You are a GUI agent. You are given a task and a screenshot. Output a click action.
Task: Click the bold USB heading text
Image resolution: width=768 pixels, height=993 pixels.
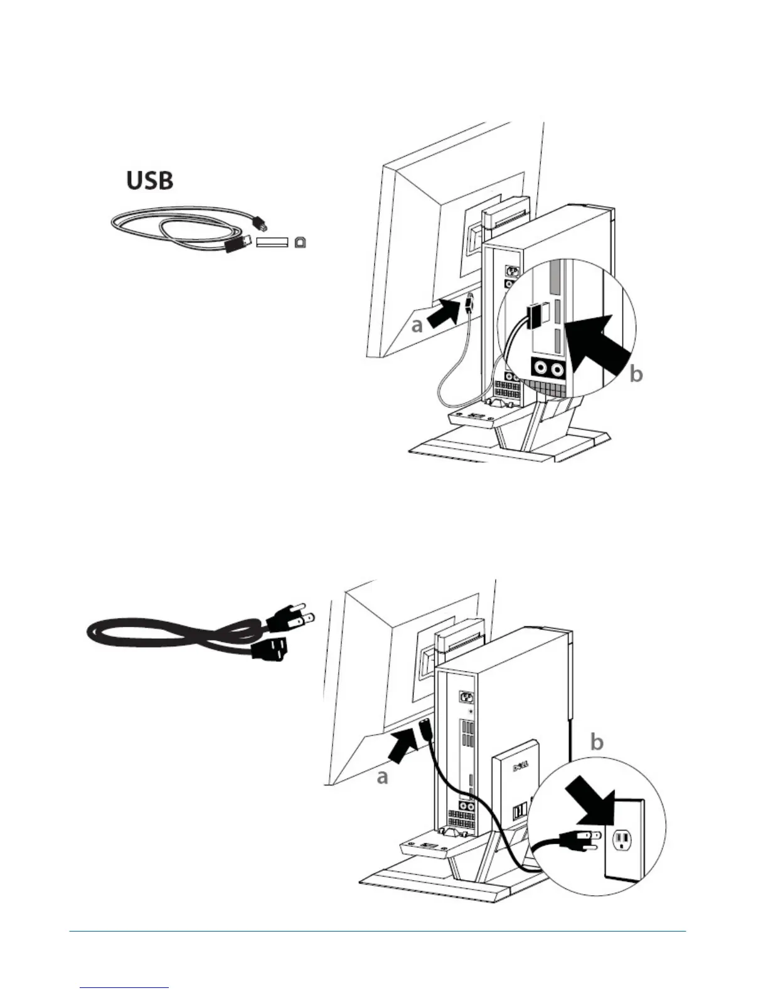[x=150, y=181]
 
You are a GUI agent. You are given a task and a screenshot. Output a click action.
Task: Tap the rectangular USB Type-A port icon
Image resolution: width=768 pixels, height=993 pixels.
[x=271, y=243]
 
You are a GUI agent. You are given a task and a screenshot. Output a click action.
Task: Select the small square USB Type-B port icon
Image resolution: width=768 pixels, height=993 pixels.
[x=301, y=243]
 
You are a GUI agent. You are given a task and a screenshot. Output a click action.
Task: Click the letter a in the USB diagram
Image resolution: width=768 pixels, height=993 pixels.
[x=417, y=326]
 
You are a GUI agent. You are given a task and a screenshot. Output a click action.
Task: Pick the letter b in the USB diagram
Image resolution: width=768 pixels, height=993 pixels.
[x=635, y=374]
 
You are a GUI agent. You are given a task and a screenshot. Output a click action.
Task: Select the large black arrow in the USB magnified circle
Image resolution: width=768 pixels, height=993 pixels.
[x=596, y=344]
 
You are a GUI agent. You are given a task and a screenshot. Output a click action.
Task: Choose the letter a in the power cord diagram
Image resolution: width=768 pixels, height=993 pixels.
[x=383, y=777]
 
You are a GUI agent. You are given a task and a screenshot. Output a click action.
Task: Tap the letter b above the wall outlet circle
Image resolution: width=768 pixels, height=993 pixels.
[x=597, y=742]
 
